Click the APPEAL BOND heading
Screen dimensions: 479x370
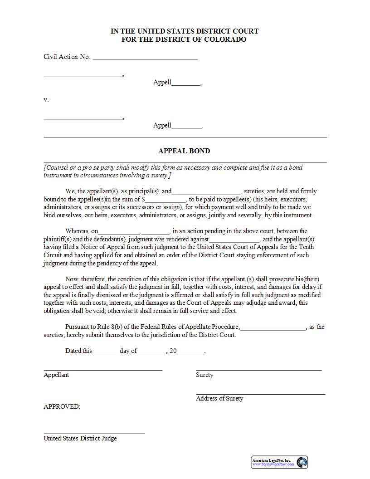[x=184, y=151]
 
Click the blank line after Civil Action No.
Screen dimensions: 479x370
[x=145, y=59]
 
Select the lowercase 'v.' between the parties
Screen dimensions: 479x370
[x=46, y=99]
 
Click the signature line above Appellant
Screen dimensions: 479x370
[x=103, y=370]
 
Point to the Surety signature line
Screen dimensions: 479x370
[x=258, y=370]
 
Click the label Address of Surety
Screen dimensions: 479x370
[x=219, y=398]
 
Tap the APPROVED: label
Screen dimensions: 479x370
[x=62, y=406]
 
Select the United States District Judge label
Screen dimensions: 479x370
[x=80, y=438]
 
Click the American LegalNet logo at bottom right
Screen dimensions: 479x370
[x=280, y=462]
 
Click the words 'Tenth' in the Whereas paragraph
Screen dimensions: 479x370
[x=306, y=247]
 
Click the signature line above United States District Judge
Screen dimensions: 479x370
[x=94, y=434]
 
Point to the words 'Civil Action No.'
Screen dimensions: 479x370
[x=67, y=57]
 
